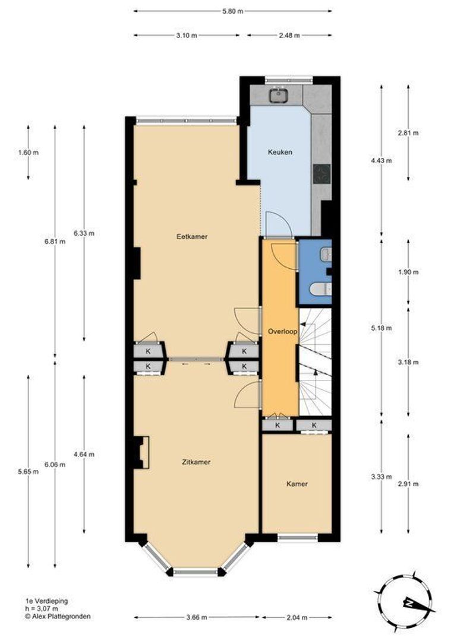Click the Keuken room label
(x=279, y=152)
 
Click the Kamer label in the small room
(x=297, y=484)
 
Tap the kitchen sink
(x=278, y=94)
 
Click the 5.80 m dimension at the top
(x=233, y=11)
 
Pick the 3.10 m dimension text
(x=186, y=36)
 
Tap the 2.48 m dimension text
(x=288, y=36)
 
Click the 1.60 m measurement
(x=29, y=153)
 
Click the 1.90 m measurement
(x=408, y=272)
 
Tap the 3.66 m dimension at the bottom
(x=196, y=617)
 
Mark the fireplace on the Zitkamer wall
(x=141, y=452)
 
